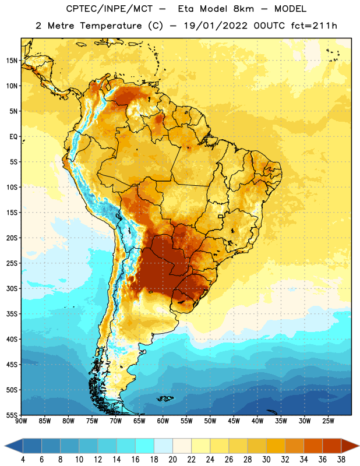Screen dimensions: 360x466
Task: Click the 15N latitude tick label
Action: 12,61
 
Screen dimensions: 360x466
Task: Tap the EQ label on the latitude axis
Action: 13,137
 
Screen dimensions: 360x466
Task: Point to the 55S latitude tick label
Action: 12,415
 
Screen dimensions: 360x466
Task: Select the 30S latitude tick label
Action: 12,288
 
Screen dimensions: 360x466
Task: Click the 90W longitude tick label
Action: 21,421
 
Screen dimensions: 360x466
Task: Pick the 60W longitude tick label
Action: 163,421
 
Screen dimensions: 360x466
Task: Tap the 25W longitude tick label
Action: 328,421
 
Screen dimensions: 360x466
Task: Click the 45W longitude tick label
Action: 234,421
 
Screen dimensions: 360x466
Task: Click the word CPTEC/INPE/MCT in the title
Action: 110,9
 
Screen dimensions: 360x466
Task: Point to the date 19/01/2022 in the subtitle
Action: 216,26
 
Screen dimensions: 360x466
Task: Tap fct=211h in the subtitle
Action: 314,26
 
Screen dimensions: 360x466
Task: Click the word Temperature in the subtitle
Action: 111,26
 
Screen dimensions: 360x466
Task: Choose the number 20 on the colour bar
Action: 172,460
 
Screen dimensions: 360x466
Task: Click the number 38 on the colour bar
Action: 341,460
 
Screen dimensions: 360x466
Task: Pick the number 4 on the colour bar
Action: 23,460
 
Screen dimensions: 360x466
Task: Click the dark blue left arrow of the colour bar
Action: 13,446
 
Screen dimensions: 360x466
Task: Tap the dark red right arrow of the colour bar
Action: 350,446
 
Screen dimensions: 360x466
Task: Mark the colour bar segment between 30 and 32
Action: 276,446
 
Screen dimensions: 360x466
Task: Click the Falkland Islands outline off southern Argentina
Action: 165,398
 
